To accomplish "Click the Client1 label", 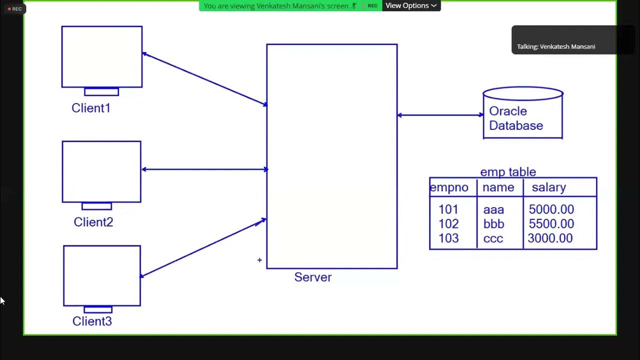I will pos(91,108).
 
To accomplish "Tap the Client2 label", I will pos(93,222).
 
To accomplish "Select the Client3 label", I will pos(92,321).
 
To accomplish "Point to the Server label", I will pos(312,277).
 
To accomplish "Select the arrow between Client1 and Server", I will pos(204,78).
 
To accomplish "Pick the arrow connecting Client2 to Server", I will pos(204,169).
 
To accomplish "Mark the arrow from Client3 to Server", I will pos(202,247).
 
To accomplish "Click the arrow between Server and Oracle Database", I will pos(440,115).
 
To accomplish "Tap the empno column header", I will pos(449,187).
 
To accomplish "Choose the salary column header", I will pos(548,187).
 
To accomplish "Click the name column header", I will pos(498,187).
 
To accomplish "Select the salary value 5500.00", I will pos(551,224).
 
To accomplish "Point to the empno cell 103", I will pos(448,238).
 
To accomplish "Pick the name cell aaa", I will pos(493,210).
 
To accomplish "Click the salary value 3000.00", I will pos(550,238).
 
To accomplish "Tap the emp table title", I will pos(508,172).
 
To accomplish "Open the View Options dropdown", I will pos(411,5).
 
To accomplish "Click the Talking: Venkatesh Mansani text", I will pos(556,46).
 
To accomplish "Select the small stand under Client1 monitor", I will pos(101,91).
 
